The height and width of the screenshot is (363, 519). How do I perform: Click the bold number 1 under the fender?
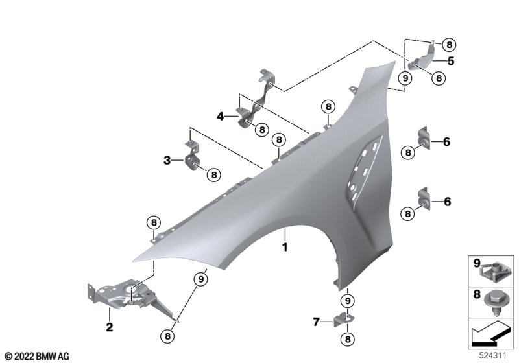285,247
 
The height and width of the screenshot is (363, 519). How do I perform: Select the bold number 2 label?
109,327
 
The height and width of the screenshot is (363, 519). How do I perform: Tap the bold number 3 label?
167,161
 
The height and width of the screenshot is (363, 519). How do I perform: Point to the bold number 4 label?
221,117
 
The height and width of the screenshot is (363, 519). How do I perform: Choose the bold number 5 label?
451,61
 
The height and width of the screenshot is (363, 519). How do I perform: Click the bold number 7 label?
317,322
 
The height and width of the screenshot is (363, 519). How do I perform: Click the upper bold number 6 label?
446,142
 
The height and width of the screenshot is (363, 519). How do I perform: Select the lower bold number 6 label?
447,202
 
